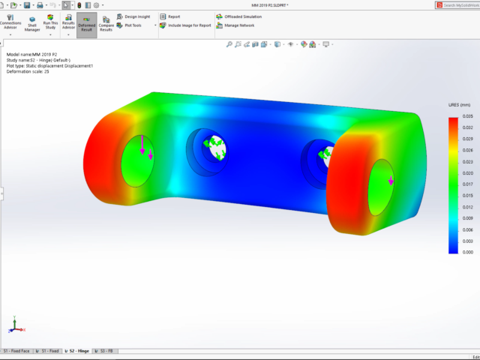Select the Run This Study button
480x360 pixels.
[50, 24]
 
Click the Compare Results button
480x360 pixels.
[106, 24]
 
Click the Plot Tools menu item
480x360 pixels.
[133, 25]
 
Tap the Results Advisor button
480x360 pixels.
[68, 24]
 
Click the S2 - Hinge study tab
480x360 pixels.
[79, 351]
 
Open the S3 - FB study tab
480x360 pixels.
[106, 351]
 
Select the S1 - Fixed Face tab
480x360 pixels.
[16, 351]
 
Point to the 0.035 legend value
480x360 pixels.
[467, 117]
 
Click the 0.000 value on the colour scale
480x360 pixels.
[467, 253]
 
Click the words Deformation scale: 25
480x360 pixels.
[28, 72]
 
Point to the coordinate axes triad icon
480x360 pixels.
[14, 326]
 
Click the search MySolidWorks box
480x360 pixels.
[458, 5]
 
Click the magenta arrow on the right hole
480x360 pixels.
[391, 181]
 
